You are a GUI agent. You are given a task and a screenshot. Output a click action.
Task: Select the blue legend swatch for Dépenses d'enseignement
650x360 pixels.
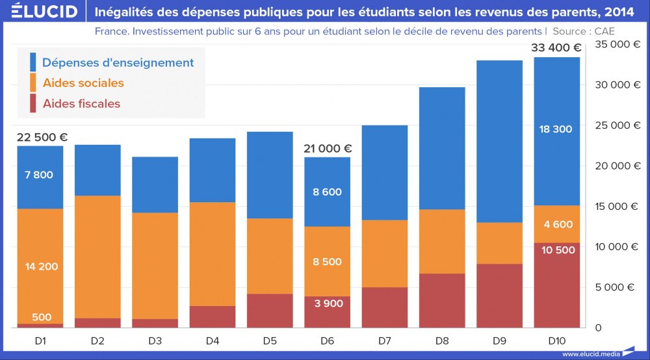(x=32, y=62)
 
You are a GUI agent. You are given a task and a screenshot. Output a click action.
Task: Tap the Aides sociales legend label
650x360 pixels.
(x=83, y=83)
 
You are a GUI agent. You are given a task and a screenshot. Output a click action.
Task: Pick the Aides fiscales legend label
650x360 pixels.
(x=81, y=103)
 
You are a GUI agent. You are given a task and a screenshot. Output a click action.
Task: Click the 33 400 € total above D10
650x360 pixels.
(x=556, y=47)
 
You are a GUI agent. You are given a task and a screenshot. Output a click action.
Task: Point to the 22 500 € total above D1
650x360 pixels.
(x=42, y=137)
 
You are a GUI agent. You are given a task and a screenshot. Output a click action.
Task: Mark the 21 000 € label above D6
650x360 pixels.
(x=328, y=149)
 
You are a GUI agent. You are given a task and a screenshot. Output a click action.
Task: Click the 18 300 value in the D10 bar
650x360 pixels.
(x=556, y=129)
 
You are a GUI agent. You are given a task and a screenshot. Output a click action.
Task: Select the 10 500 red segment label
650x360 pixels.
(x=556, y=250)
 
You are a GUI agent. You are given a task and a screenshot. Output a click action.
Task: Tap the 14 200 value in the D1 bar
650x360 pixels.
(x=40, y=266)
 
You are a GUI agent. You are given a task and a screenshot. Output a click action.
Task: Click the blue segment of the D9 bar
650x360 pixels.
(x=499, y=141)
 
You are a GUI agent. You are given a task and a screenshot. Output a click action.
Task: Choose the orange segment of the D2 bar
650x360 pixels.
(x=97, y=257)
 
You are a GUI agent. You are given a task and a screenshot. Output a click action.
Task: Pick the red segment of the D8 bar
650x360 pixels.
(x=441, y=300)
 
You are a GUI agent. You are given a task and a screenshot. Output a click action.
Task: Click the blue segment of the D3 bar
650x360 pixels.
(x=155, y=185)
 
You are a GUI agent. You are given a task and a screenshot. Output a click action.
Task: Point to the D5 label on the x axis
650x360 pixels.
(x=270, y=341)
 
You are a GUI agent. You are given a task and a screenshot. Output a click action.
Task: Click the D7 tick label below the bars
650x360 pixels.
(x=384, y=341)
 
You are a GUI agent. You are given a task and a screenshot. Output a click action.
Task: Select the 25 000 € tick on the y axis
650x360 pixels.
(x=614, y=125)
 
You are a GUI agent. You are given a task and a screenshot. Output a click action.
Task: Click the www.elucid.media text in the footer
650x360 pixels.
(x=590, y=354)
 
